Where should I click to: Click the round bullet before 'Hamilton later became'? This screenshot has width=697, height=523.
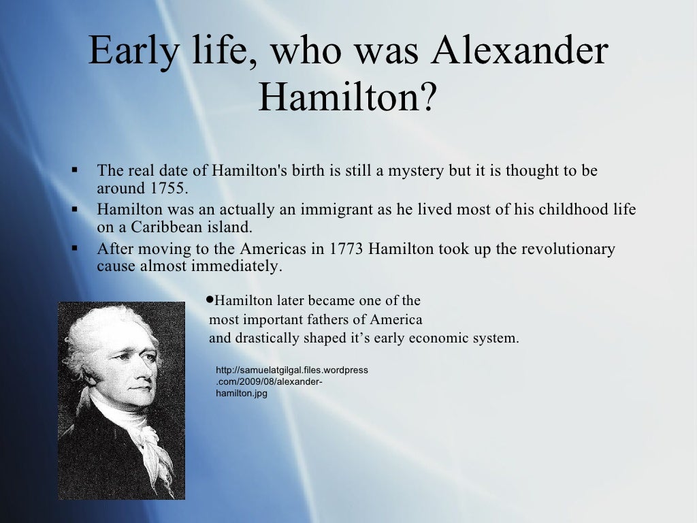(210, 300)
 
